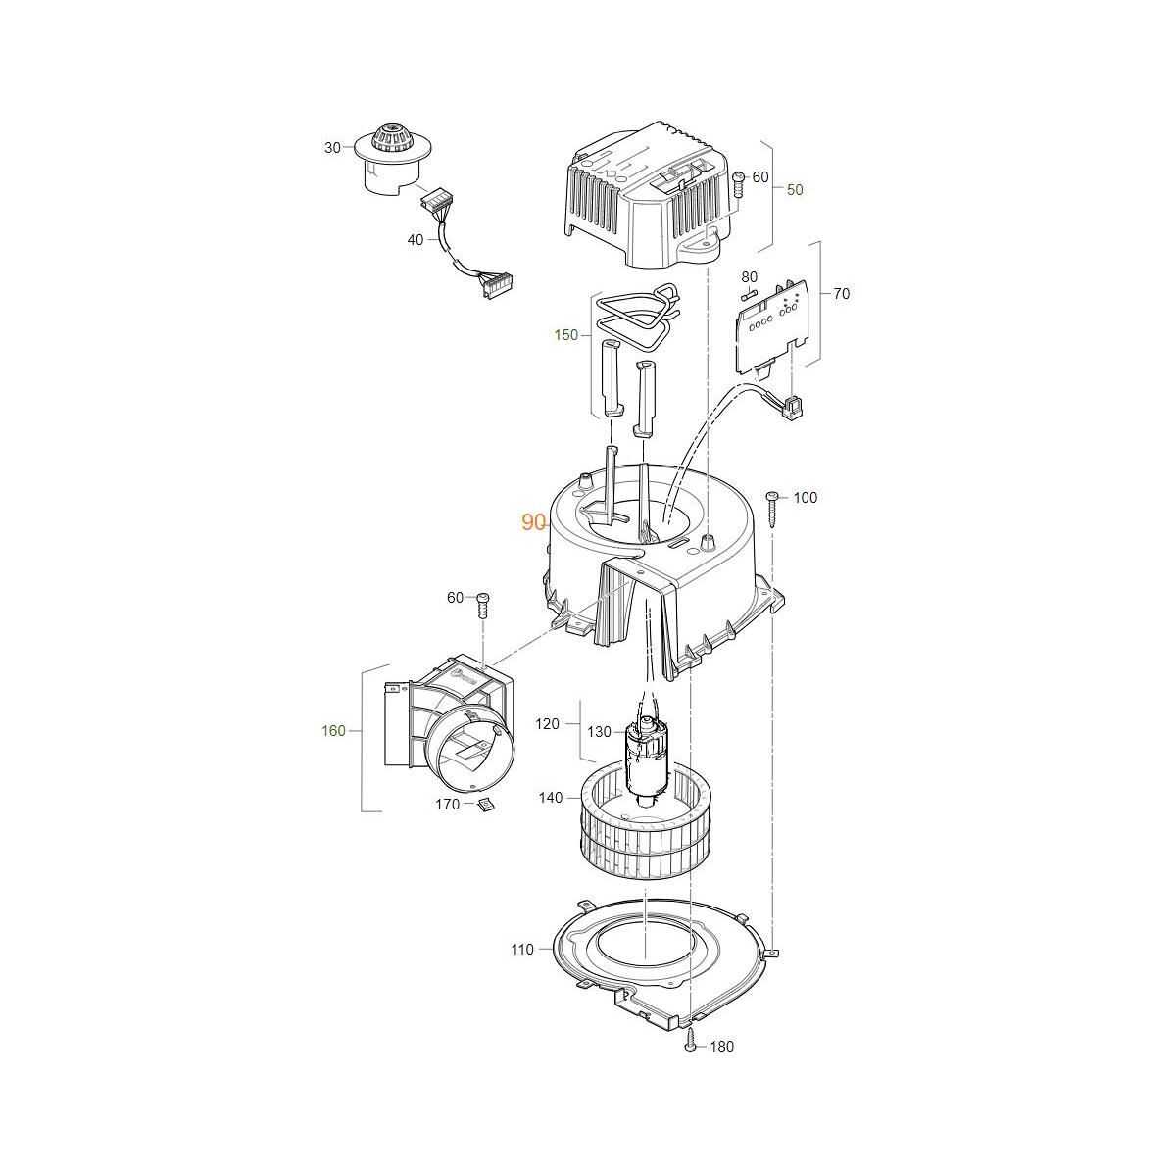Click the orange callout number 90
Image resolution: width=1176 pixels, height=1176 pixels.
[x=533, y=522]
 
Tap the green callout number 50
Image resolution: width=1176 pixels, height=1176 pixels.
[x=795, y=190]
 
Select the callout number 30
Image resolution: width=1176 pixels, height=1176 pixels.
[x=332, y=148]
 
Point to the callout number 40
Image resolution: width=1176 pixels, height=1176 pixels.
[x=415, y=240]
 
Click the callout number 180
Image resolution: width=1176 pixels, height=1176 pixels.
[x=722, y=1047]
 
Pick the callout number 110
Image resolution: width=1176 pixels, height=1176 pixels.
[x=522, y=950]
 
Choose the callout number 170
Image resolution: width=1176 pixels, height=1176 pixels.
[x=447, y=805]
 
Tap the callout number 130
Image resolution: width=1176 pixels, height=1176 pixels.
[x=599, y=732]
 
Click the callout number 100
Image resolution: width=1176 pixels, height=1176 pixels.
[x=805, y=498]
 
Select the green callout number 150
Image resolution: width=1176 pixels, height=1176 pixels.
[x=565, y=335]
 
